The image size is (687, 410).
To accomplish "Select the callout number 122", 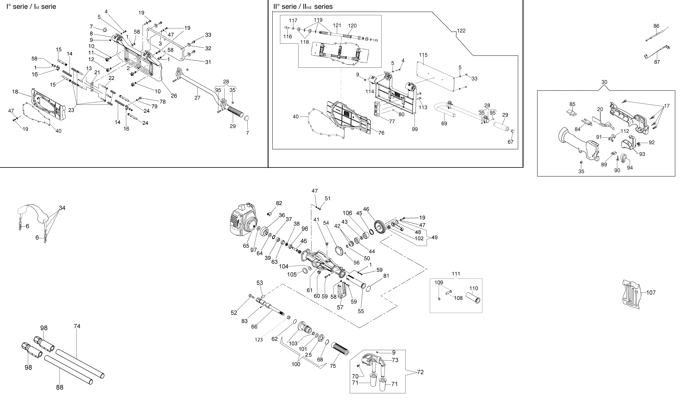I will tap(461, 31).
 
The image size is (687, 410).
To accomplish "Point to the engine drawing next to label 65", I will tap(243, 220).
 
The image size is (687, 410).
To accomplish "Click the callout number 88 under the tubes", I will tap(60, 387).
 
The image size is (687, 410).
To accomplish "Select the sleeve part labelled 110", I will tap(473, 298).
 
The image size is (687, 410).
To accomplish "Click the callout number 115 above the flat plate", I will tap(423, 55).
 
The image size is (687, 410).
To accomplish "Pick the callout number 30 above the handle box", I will tap(604, 82).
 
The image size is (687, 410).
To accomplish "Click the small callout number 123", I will tap(259, 340).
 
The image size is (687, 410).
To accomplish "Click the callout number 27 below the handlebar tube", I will tap(197, 98).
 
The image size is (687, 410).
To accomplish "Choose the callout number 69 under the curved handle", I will tap(444, 124).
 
